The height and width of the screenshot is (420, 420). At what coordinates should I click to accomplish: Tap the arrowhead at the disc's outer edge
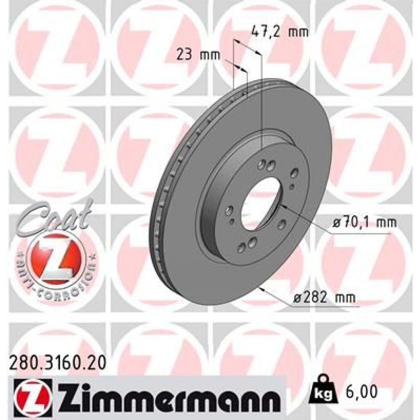pyautogui.click(x=262, y=289)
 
